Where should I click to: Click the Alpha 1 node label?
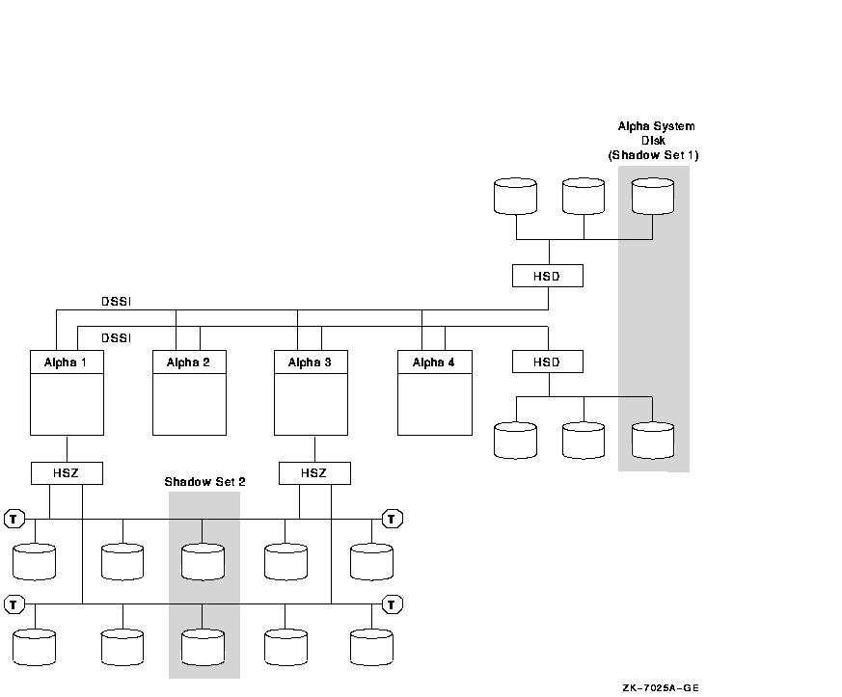tap(67, 362)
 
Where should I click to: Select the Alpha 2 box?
tap(189, 392)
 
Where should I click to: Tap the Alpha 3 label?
tap(311, 362)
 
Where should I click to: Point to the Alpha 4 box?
tap(434, 392)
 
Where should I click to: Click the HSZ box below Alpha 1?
tap(67, 473)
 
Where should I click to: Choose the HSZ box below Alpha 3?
tap(314, 473)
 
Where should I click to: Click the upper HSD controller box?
tap(548, 277)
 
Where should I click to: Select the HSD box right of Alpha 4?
tap(548, 362)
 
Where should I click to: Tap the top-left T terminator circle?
tap(14, 520)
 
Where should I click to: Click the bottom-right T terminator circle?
tap(393, 604)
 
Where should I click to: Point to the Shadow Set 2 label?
tap(204, 482)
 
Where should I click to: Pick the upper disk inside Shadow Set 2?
tap(203, 561)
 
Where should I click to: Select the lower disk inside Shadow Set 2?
tap(203, 647)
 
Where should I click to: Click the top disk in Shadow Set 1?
tap(653, 195)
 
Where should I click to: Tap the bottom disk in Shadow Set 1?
tap(653, 440)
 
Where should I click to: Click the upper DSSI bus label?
tap(117, 302)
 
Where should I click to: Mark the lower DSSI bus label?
tap(117, 337)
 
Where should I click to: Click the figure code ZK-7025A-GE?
tap(661, 687)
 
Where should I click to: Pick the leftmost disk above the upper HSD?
tap(515, 195)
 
